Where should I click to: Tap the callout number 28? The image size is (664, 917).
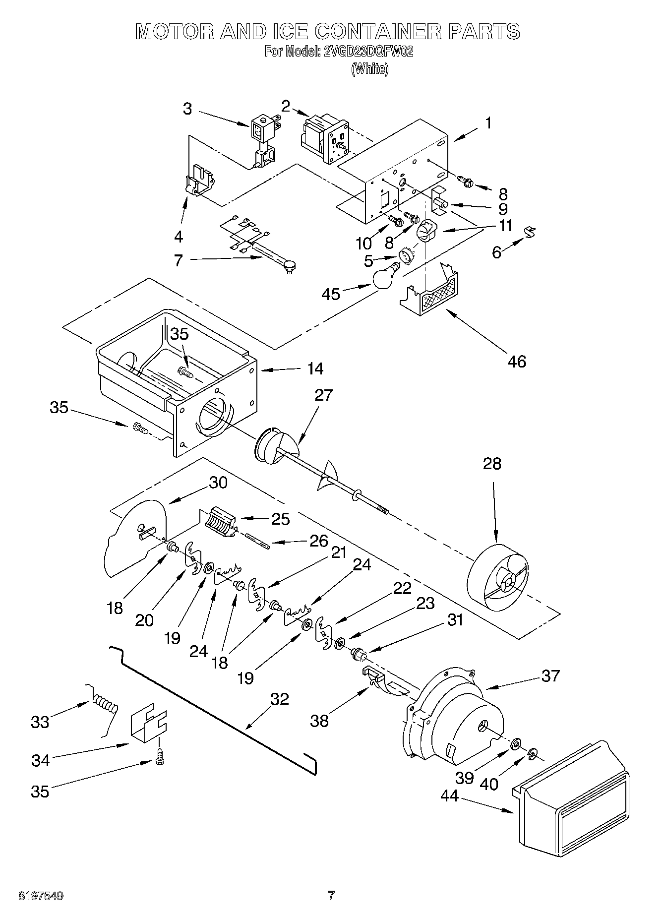(x=492, y=464)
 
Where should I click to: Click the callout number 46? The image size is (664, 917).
(x=516, y=362)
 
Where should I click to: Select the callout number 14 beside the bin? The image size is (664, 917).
(x=315, y=368)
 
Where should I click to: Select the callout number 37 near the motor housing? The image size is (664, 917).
(x=550, y=675)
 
